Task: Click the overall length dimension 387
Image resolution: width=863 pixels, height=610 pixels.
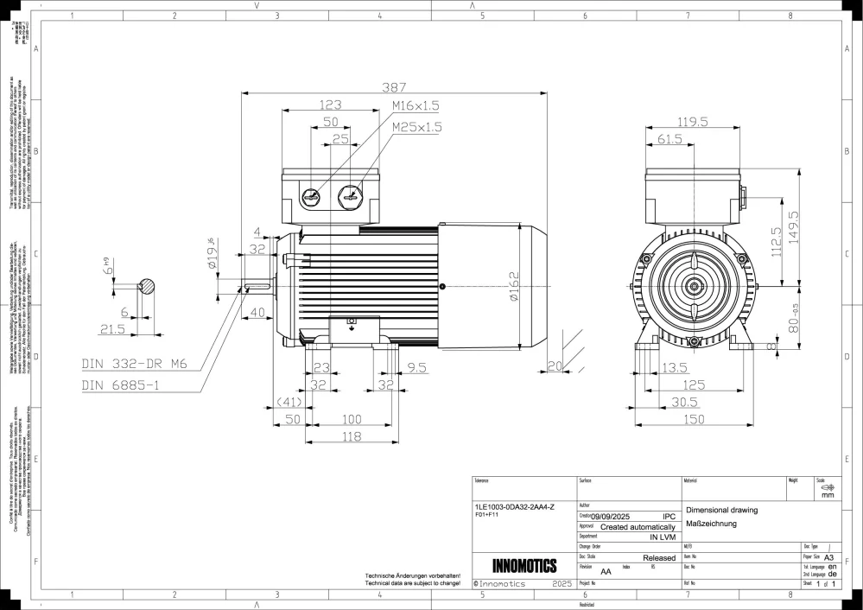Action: click(394, 87)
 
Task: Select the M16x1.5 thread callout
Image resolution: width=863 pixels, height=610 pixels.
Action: click(416, 105)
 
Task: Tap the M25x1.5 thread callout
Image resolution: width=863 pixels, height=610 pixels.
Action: click(416, 126)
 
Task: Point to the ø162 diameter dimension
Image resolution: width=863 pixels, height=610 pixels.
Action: click(514, 286)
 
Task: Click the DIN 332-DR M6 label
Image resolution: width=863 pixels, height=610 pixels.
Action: click(134, 364)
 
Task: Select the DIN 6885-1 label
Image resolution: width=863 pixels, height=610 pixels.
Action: click(121, 384)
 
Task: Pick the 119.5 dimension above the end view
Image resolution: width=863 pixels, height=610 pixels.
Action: click(693, 122)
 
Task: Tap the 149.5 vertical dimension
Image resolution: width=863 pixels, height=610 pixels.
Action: click(794, 228)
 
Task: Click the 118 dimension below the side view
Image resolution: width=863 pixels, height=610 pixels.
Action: click(350, 436)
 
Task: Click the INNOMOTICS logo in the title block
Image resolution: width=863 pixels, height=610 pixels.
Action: click(524, 566)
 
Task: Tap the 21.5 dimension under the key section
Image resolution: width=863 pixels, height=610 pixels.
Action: click(113, 329)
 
